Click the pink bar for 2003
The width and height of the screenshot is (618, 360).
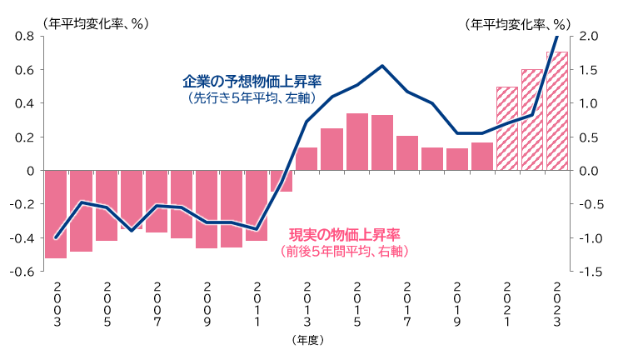click(x=56, y=214)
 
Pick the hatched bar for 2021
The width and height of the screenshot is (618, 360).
click(x=507, y=128)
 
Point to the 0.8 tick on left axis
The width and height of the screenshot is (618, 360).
click(x=23, y=36)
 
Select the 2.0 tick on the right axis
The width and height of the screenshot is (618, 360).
click(x=589, y=36)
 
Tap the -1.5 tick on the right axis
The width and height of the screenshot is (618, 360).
click(x=588, y=272)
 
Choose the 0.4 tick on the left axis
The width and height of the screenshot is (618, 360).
click(x=23, y=103)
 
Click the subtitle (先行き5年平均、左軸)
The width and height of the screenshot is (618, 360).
click(x=252, y=98)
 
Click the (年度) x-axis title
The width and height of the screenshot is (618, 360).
click(x=307, y=341)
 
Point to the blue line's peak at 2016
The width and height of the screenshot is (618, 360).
click(x=382, y=66)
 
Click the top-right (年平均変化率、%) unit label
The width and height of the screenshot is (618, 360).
click(x=523, y=24)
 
